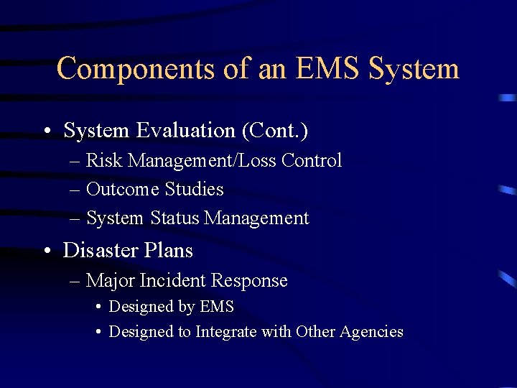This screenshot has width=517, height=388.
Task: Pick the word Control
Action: coord(311,160)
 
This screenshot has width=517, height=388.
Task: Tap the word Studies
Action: coord(194,190)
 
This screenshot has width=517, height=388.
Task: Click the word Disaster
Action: coord(99,250)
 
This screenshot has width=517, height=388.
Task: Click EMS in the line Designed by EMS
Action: coord(218,307)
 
